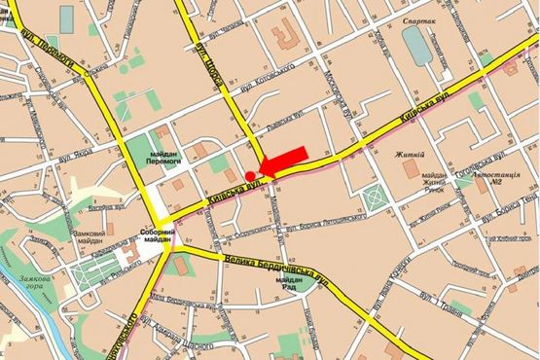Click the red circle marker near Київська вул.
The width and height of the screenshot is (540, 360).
point(250,174)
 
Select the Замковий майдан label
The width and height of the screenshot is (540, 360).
point(91,239)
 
